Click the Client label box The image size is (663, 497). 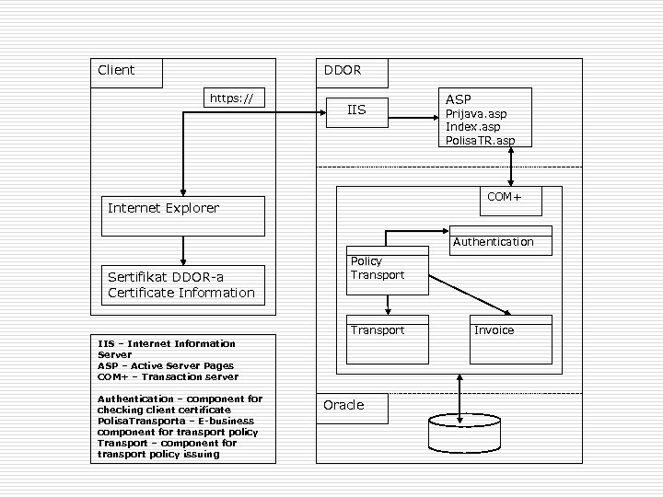[x=126, y=73]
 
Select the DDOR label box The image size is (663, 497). [x=352, y=73]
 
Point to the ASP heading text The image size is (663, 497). [x=458, y=99]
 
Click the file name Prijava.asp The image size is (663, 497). [x=475, y=114]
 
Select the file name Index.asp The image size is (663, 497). [x=472, y=127]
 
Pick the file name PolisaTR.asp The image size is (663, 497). [x=480, y=140]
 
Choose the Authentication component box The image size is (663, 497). [x=500, y=240]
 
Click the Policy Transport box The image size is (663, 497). [x=388, y=270]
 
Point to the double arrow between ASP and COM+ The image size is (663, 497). [x=511, y=167]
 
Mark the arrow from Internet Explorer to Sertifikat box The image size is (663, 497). [x=183, y=250]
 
